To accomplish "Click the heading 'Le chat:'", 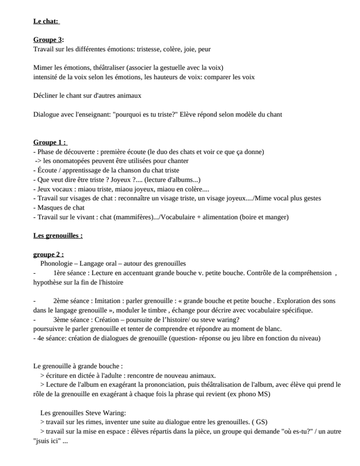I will pyautogui.click(x=46, y=22).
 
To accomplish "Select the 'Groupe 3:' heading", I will pyautogui.click(x=48, y=40).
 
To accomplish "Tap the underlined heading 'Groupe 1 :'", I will pyautogui.click(x=50, y=142).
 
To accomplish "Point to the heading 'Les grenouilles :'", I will pyautogui.click(x=58, y=236).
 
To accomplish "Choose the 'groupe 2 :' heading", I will pyautogui.click(x=48, y=255).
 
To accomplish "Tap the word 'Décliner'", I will pyautogui.click(x=46, y=96).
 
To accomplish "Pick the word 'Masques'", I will pyautogui.click(x=51, y=207).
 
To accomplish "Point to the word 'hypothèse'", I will pyautogui.click(x=50, y=283).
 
